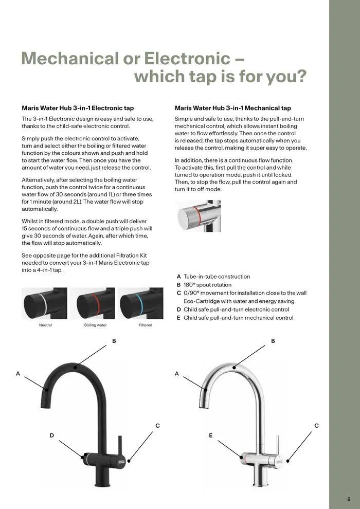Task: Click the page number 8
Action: (x=349, y=499)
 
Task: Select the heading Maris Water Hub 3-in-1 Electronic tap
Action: (x=78, y=108)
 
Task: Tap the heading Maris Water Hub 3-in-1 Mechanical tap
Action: (x=232, y=108)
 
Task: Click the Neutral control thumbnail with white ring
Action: (x=44, y=303)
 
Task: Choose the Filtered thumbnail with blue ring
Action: (x=140, y=303)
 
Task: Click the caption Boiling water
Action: (x=95, y=325)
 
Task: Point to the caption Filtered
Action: (x=146, y=325)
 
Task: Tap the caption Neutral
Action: (x=45, y=325)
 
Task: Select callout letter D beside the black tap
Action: (x=51, y=435)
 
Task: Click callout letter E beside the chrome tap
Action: (x=210, y=435)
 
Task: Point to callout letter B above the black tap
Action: (x=114, y=341)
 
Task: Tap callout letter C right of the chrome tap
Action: (x=316, y=426)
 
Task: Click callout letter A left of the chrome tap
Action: (x=176, y=374)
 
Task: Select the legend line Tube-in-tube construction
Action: (x=217, y=277)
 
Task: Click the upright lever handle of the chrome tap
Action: (x=276, y=440)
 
